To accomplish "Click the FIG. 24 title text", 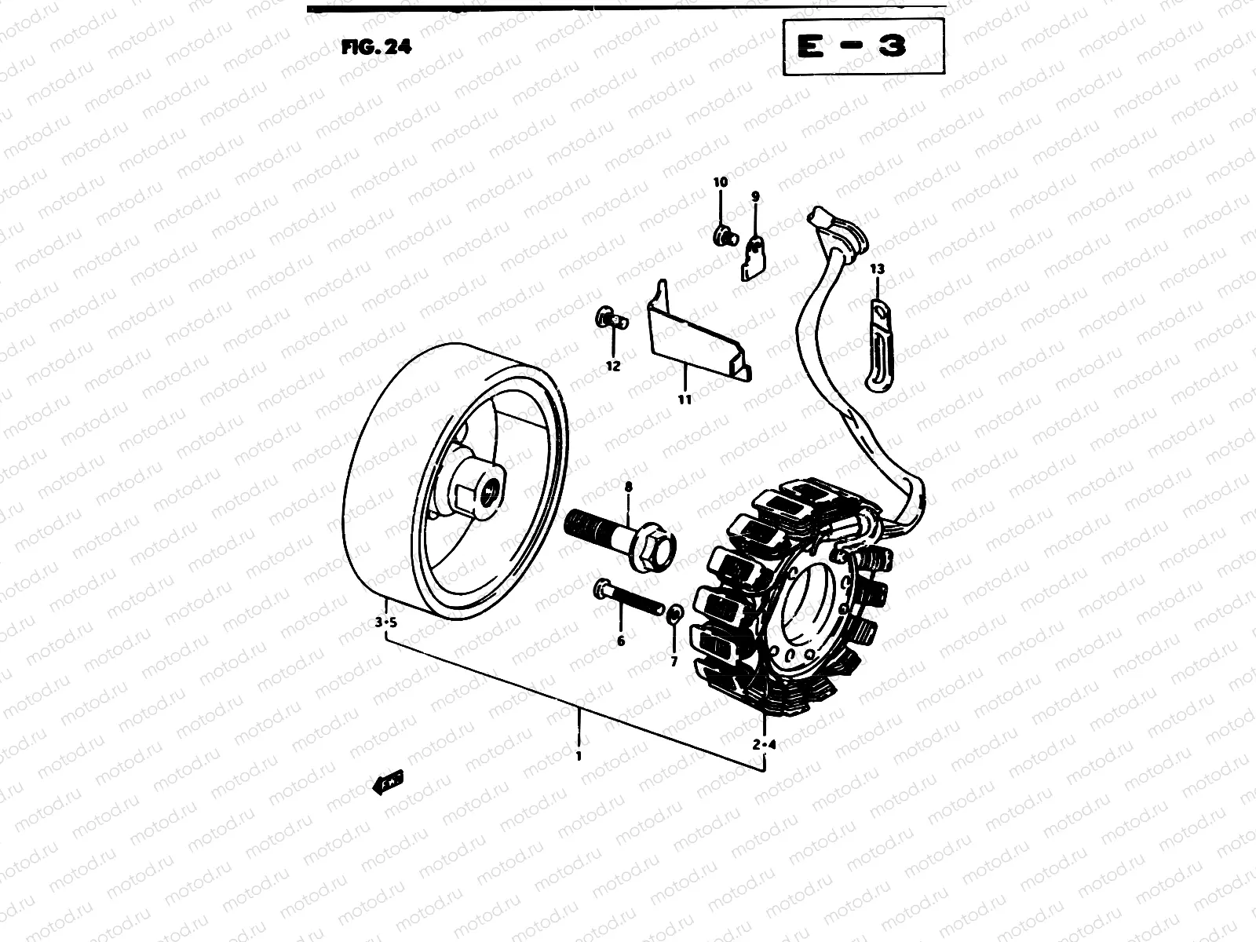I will (376, 46).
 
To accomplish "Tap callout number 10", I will (720, 182).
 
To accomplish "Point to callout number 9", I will (755, 196).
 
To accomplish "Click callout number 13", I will (877, 268).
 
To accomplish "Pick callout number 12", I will (613, 366).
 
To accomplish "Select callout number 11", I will (685, 399).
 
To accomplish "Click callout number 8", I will (628, 487).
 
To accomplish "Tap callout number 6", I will (621, 641).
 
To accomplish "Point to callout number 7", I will (674, 661).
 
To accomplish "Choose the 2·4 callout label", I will (764, 744).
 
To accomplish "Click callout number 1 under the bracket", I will (579, 757).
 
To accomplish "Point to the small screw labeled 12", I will (613, 317).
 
